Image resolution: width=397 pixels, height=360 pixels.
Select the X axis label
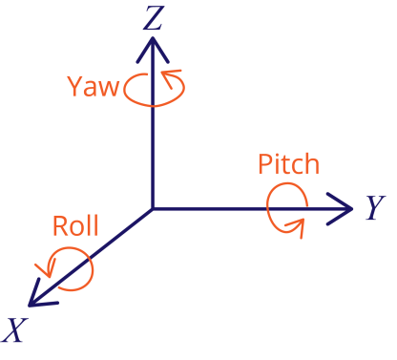(x=13, y=330)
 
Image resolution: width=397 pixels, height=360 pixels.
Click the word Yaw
(x=93, y=87)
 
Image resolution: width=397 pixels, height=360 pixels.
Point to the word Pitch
(x=288, y=164)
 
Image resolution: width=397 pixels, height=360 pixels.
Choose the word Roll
(x=74, y=226)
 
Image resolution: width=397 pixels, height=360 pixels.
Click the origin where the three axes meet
(x=153, y=208)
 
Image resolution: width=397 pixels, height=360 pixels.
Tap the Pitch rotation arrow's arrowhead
(x=298, y=225)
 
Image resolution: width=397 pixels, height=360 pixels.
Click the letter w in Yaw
(x=108, y=89)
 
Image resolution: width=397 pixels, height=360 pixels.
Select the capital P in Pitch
(x=265, y=164)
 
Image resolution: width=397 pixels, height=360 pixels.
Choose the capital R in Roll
(x=60, y=226)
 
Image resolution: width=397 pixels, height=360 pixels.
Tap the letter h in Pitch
(x=311, y=163)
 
